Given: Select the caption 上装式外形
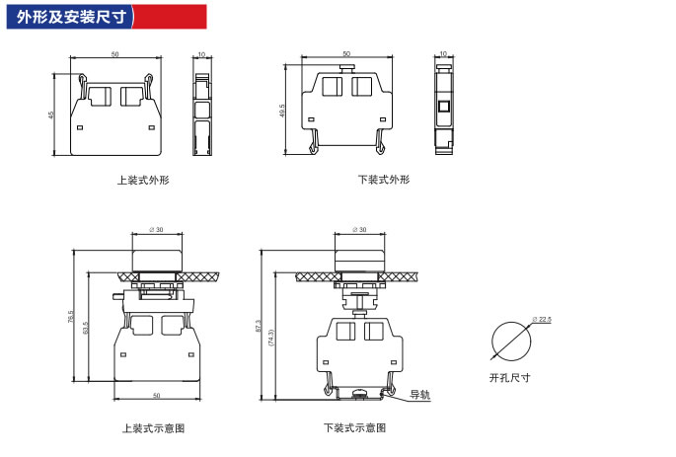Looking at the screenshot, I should (x=143, y=180).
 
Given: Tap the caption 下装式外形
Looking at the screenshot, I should (x=384, y=180).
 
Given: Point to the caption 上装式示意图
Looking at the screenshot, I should (x=154, y=428).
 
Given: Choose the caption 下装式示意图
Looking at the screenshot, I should (x=354, y=428).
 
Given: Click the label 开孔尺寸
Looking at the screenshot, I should (x=509, y=378).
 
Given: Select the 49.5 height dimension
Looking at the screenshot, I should (x=282, y=110).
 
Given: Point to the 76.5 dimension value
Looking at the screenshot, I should (x=71, y=318).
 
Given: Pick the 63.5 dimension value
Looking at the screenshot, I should (x=87, y=327).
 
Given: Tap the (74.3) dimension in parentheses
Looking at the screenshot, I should (x=271, y=336).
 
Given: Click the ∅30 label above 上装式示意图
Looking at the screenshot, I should (x=155, y=230).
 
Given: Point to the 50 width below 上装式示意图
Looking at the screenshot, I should (x=156, y=396).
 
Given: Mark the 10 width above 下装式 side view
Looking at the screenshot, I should (x=443, y=54).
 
